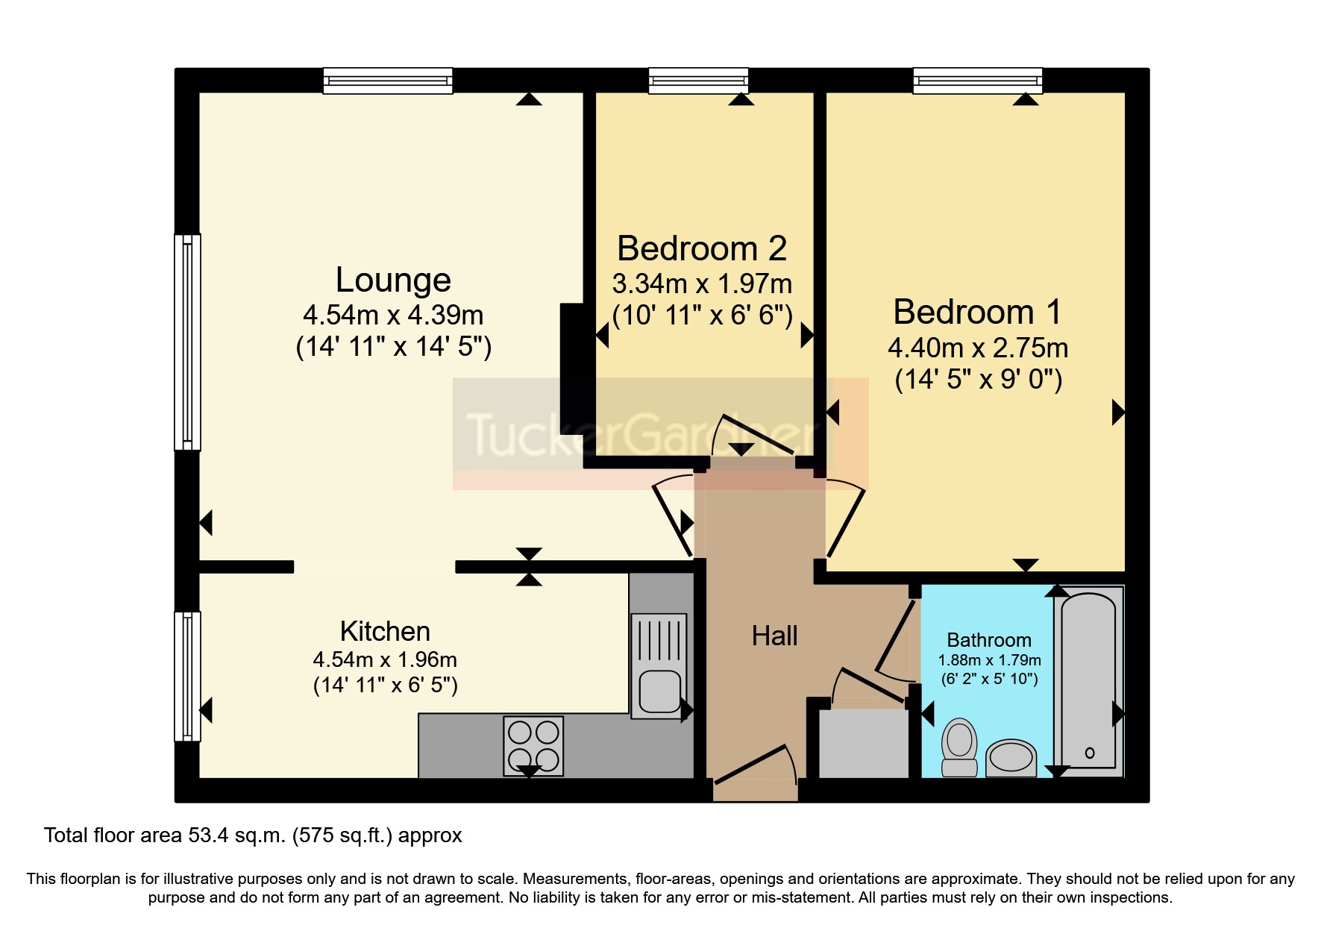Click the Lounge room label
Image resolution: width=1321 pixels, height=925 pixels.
point(393,280)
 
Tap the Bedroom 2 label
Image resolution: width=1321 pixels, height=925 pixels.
point(702,248)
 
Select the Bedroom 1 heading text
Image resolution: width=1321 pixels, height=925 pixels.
point(977,312)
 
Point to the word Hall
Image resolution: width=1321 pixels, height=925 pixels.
point(774,636)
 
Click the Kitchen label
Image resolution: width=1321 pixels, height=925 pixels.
point(385,632)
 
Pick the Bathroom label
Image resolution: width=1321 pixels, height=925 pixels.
point(989,640)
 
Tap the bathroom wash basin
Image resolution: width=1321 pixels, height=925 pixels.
point(1011,758)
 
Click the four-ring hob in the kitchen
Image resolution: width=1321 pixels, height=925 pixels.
point(533,746)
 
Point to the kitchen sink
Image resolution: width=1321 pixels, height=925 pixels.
point(659,666)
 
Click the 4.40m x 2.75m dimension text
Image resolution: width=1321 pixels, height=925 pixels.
point(978,348)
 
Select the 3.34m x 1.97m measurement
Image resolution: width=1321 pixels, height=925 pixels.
point(702,284)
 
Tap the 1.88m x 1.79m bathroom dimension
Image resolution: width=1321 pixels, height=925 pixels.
point(989,660)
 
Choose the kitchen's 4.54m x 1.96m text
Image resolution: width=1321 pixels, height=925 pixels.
point(385,659)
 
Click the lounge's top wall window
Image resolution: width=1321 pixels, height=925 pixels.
point(388,81)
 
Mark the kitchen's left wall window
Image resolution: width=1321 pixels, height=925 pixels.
point(187,677)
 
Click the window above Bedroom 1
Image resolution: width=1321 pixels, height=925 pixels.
point(977,81)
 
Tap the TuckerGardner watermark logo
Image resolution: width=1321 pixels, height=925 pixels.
point(660,433)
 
